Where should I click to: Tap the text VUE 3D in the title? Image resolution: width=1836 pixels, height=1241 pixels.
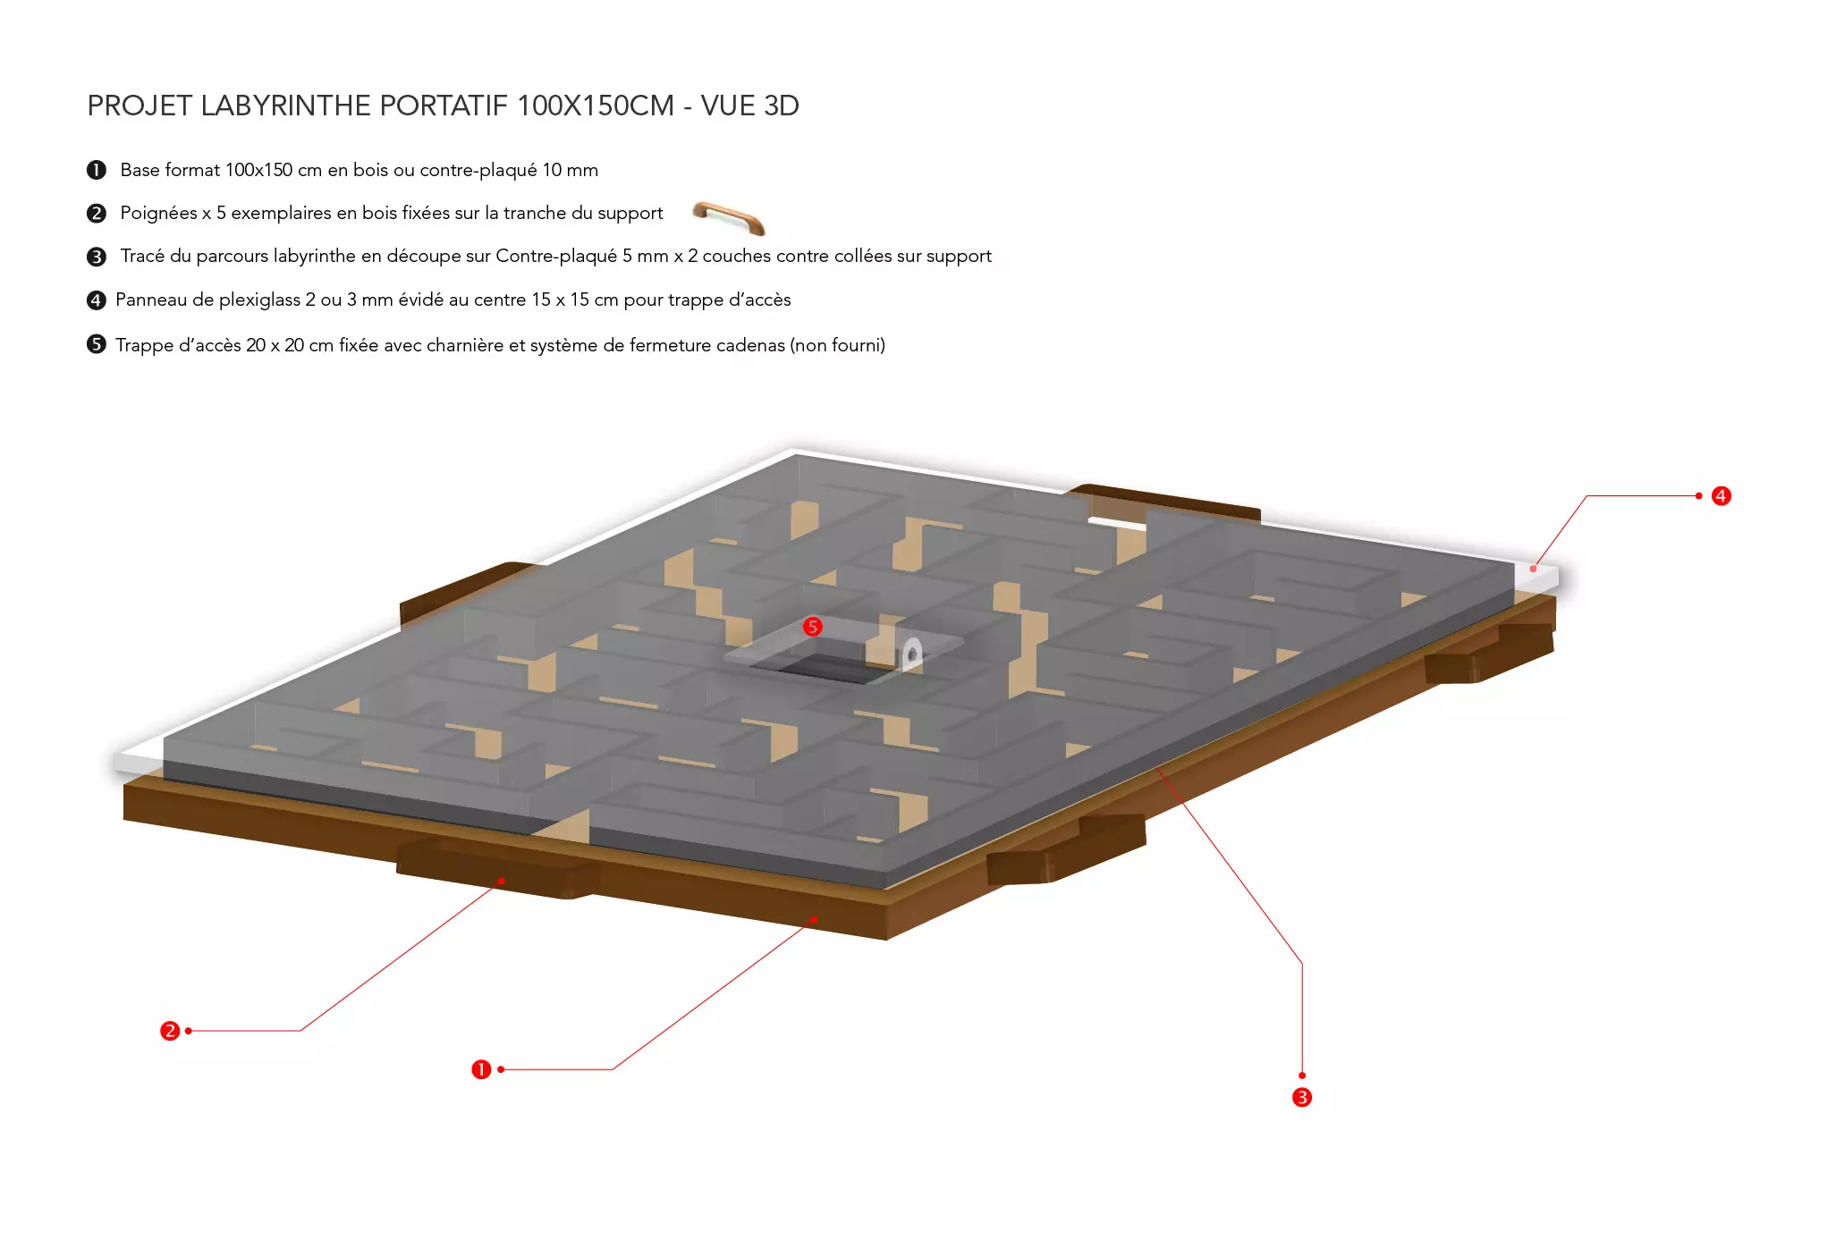pyautogui.click(x=749, y=106)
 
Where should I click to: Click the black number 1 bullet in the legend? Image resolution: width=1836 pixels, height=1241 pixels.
pyautogui.click(x=97, y=170)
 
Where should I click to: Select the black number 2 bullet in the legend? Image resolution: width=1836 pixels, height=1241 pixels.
pyautogui.click(x=97, y=213)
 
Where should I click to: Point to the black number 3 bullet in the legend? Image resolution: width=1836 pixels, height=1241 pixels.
pyautogui.click(x=97, y=257)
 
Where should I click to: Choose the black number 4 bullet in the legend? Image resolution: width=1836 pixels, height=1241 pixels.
pyautogui.click(x=97, y=300)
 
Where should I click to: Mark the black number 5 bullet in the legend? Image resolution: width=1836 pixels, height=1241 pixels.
pyautogui.click(x=97, y=344)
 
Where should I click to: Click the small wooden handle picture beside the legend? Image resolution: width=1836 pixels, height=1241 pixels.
pyautogui.click(x=729, y=217)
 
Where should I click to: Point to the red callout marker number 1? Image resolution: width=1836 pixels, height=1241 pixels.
pyautogui.click(x=481, y=1069)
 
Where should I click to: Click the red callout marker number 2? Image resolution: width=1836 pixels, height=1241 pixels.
pyautogui.click(x=170, y=1031)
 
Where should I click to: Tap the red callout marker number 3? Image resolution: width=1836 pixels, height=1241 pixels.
pyautogui.click(x=1302, y=1097)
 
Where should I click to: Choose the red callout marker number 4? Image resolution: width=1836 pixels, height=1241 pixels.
pyautogui.click(x=1721, y=496)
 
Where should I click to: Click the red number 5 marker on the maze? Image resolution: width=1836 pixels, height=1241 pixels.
pyautogui.click(x=812, y=626)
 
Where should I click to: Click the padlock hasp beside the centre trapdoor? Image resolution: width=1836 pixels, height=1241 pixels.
pyautogui.click(x=911, y=654)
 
